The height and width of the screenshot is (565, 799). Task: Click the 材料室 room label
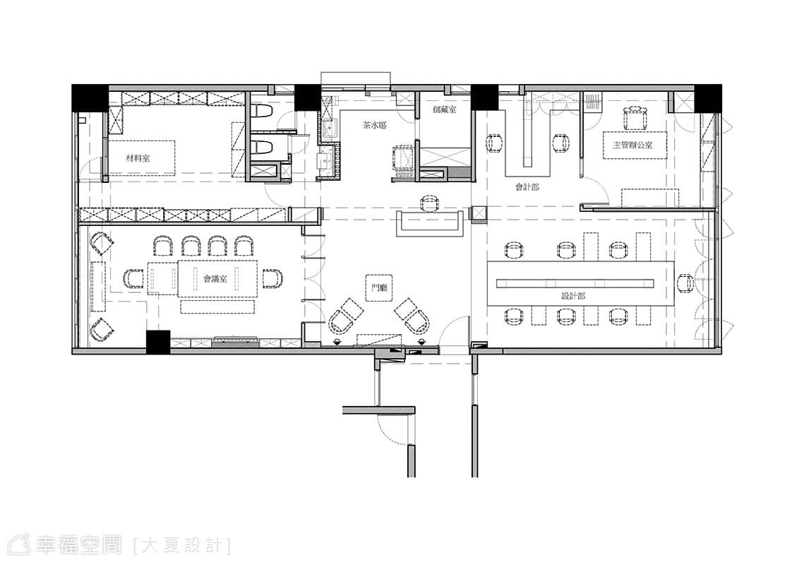(138, 159)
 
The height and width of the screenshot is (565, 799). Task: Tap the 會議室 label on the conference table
(215, 278)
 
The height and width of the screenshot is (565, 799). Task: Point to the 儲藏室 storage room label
(445, 109)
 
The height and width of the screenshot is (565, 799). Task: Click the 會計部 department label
(527, 187)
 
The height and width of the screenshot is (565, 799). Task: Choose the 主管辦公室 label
(632, 145)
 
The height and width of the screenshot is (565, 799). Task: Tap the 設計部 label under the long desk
(572, 296)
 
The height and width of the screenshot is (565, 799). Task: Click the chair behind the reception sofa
(430, 203)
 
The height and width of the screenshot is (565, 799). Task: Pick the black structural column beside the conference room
(158, 342)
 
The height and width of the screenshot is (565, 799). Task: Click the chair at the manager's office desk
(634, 119)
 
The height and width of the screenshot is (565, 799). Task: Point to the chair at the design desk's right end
(685, 282)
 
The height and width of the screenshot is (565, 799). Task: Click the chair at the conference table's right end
(272, 278)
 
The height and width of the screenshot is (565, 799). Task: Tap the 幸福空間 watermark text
(78, 545)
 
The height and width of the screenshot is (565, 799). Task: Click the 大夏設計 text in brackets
(182, 546)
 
